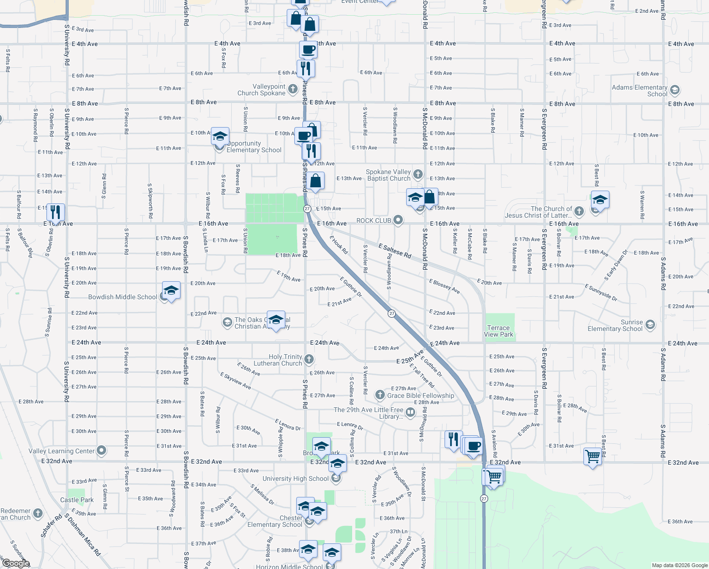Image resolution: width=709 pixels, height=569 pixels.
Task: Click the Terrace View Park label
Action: click(498, 331)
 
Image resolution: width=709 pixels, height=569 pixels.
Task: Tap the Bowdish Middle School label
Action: click(122, 297)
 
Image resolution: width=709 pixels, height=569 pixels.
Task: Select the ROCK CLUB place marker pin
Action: click(398, 220)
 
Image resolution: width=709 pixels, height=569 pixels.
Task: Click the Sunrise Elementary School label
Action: click(615, 325)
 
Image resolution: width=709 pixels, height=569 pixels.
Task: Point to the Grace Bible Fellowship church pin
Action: click(380, 395)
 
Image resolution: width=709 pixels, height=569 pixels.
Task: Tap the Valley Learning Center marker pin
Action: click(101, 450)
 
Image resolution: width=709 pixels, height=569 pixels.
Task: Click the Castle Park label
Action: click(77, 500)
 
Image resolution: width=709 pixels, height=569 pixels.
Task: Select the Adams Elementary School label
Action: click(639, 91)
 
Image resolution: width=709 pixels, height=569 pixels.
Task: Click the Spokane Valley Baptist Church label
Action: click(388, 175)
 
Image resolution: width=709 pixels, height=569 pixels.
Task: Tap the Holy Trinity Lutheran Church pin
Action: click(309, 359)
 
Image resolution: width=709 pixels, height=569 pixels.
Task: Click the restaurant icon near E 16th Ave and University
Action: click(56, 213)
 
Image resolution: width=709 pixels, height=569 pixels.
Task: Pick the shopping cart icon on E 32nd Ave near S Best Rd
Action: click(592, 457)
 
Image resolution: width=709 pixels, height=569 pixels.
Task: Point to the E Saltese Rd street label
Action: click(395, 250)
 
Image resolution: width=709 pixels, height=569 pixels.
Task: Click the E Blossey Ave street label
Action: click(444, 286)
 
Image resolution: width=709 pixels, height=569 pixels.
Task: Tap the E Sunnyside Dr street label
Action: click(601, 293)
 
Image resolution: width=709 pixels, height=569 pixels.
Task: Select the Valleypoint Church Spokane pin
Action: click(293, 89)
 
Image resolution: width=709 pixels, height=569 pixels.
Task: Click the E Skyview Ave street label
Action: click(236, 381)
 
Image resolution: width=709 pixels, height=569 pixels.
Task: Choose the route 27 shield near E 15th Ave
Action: click(307, 209)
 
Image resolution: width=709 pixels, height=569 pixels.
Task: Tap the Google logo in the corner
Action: click(16, 563)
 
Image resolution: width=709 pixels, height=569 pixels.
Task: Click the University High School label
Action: click(295, 479)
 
